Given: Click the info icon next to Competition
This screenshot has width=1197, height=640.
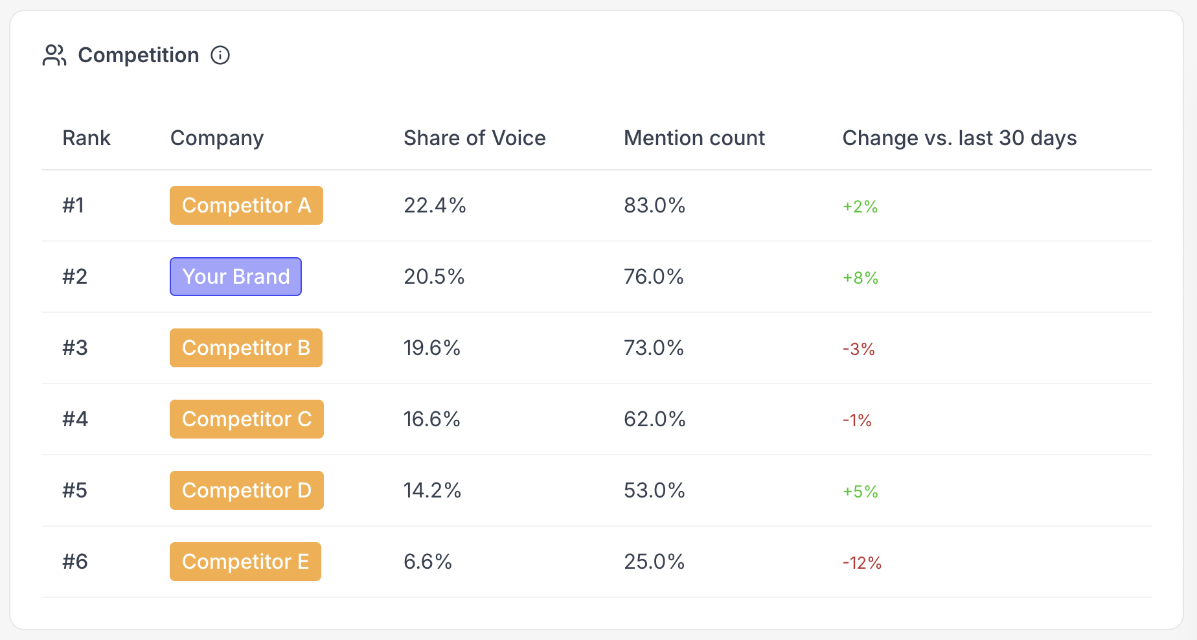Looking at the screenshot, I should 220,56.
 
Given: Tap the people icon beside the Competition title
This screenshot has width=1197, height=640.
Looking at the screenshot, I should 54,56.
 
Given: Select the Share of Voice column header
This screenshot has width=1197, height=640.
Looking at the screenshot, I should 474,138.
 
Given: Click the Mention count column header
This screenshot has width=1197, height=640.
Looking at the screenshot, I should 694,138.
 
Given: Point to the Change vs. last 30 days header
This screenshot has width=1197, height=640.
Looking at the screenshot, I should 959,138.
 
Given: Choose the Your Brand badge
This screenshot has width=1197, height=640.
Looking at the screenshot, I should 236,277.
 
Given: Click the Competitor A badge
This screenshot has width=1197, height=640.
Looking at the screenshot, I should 246,205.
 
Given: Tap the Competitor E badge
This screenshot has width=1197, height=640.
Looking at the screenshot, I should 245,562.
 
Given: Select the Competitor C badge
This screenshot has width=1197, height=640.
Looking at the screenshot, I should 247,419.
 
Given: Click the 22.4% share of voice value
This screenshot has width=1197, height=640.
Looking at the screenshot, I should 435,205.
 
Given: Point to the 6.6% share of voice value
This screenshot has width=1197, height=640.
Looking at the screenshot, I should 427,562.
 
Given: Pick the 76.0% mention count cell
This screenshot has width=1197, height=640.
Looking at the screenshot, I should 654,277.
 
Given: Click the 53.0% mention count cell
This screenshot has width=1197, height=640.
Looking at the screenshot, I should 654,490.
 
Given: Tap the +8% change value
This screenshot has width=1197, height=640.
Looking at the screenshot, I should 860,278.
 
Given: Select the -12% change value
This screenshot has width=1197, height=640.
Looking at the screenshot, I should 862,563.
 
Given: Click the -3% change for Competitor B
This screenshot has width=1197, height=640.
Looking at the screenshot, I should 859,349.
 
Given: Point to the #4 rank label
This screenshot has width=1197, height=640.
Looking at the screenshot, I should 75,419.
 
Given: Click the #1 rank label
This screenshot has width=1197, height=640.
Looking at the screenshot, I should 73,205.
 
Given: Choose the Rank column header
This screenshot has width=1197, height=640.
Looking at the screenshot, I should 86,138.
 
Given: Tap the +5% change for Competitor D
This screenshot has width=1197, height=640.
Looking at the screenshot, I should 860,492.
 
